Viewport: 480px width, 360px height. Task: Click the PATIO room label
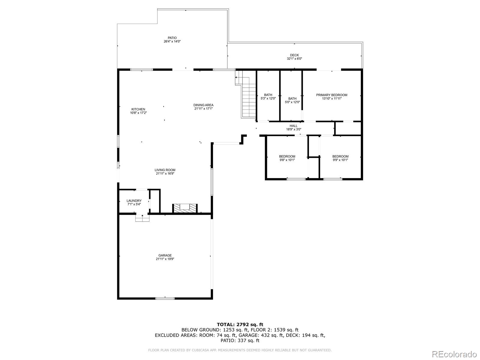coord(172,38)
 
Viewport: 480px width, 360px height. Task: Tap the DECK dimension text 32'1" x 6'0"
coord(294,59)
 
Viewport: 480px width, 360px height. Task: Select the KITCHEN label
coord(138,109)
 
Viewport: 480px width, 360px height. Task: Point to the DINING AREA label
coord(203,105)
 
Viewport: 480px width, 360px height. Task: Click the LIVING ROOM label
coord(165,170)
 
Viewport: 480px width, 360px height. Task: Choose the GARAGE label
coord(165,255)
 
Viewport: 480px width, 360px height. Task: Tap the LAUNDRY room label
coord(134,201)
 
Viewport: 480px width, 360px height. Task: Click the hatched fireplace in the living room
coord(185,208)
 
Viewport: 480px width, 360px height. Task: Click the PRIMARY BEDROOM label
coord(331,95)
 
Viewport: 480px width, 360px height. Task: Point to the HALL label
coord(293,126)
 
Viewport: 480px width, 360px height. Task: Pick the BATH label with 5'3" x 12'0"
coord(268,95)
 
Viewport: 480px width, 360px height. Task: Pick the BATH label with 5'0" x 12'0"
coord(292,99)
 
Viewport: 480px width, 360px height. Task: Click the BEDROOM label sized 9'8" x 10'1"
coord(287,157)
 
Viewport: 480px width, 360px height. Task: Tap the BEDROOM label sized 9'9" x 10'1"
coord(340,157)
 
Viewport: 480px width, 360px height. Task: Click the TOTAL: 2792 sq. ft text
coord(240,324)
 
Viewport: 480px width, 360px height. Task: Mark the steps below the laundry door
coord(142,218)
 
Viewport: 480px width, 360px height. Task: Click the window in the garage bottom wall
coord(165,298)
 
